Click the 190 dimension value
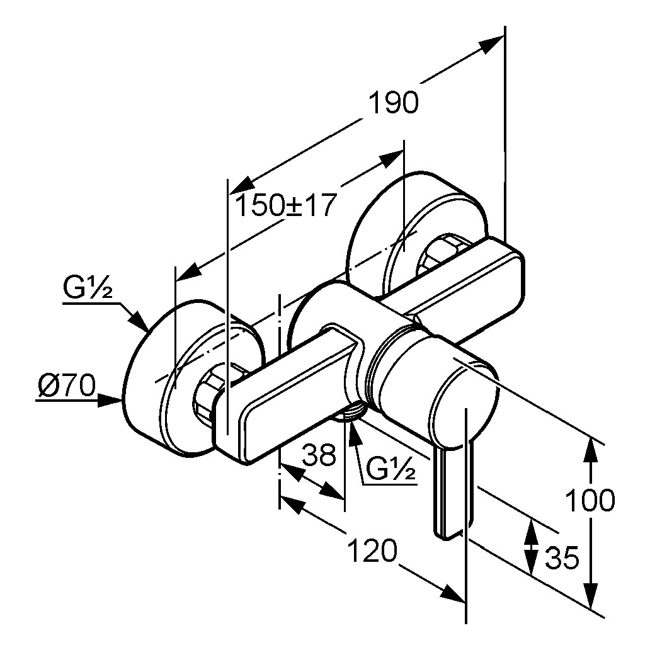(393, 102)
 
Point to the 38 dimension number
(319, 454)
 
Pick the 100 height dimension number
(589, 501)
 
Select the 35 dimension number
(560, 557)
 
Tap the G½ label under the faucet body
(391, 469)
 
